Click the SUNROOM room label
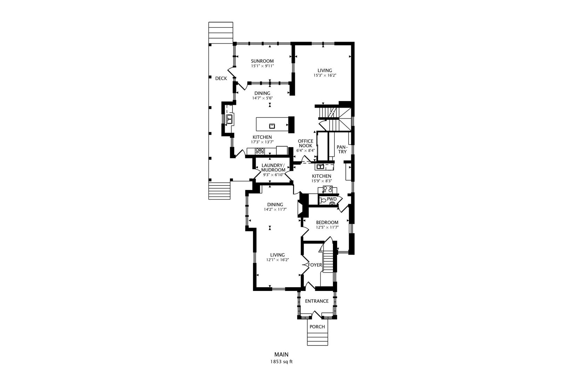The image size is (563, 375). pyautogui.click(x=262, y=61)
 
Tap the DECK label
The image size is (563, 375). pyautogui.click(x=221, y=78)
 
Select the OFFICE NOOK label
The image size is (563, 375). pyautogui.click(x=305, y=143)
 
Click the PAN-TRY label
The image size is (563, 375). pyautogui.click(x=342, y=149)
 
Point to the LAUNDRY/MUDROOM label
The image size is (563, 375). pyautogui.click(x=273, y=167)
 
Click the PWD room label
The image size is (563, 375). pyautogui.click(x=332, y=199)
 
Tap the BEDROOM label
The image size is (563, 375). pyautogui.click(x=327, y=223)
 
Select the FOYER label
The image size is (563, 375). pyautogui.click(x=315, y=265)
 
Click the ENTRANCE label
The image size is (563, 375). pyautogui.click(x=317, y=301)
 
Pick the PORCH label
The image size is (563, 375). pyautogui.click(x=317, y=327)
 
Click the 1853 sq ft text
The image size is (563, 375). pyautogui.click(x=281, y=361)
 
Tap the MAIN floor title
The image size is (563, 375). pyautogui.click(x=281, y=355)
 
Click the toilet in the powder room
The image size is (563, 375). pyautogui.click(x=322, y=200)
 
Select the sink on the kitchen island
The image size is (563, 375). pyautogui.click(x=272, y=125)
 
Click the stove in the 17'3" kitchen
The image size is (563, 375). pyautogui.click(x=260, y=151)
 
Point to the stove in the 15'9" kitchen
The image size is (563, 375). pyautogui.click(x=327, y=189)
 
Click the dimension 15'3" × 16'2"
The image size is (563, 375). pyautogui.click(x=325, y=75)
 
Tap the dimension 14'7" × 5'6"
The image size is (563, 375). pyautogui.click(x=262, y=98)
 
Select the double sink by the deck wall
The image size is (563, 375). pyautogui.click(x=229, y=119)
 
